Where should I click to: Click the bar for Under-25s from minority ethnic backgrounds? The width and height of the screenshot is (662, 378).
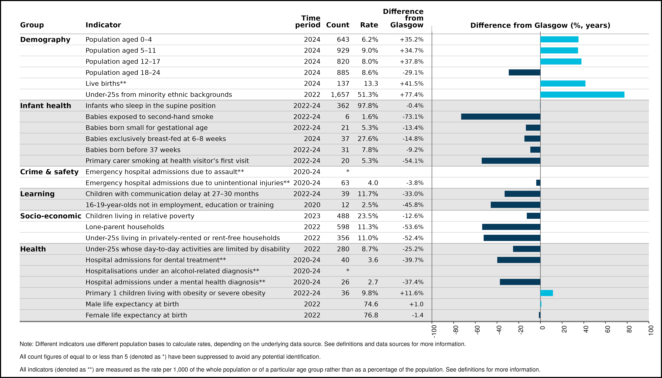click(582, 94)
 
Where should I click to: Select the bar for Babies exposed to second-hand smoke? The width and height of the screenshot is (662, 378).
click(501, 117)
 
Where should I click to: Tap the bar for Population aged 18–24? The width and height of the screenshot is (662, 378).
click(525, 72)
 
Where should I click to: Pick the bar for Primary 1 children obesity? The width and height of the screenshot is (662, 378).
click(547, 293)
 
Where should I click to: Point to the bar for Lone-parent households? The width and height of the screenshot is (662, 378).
click(511, 227)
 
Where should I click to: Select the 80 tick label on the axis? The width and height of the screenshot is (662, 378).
click(629, 329)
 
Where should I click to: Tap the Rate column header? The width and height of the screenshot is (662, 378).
click(369, 25)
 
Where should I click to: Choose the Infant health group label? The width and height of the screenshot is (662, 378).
click(46, 106)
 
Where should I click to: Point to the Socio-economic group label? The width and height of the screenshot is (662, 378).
click(51, 216)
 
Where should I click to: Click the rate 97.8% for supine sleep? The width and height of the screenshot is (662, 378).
click(368, 106)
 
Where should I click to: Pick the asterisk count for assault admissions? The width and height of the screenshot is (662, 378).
click(348, 171)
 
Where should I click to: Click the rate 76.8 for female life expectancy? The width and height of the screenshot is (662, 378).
click(371, 315)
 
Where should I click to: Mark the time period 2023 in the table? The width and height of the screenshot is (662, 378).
click(312, 216)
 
